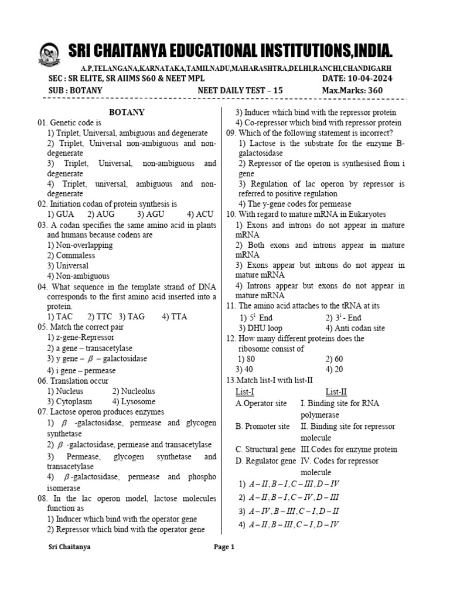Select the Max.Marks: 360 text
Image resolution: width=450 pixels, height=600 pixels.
pyautogui.click(x=352, y=90)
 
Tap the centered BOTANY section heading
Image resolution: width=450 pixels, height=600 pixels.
pyautogui.click(x=127, y=112)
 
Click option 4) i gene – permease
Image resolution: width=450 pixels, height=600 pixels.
pyautogui.click(x=81, y=370)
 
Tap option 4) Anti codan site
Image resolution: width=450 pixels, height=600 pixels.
pyautogui.click(x=355, y=328)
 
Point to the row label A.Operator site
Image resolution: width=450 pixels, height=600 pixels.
pyautogui.click(x=261, y=403)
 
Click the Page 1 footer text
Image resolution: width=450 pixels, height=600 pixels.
pyautogui.click(x=224, y=547)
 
